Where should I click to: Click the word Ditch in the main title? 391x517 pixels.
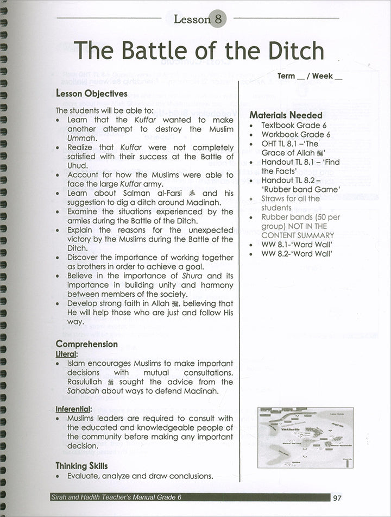pos(290,51)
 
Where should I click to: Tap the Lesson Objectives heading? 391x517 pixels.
pos(92,94)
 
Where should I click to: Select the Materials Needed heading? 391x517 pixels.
pos(286,115)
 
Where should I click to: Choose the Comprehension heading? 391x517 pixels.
pos(87,344)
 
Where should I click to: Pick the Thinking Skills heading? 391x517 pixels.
pos(81,466)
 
